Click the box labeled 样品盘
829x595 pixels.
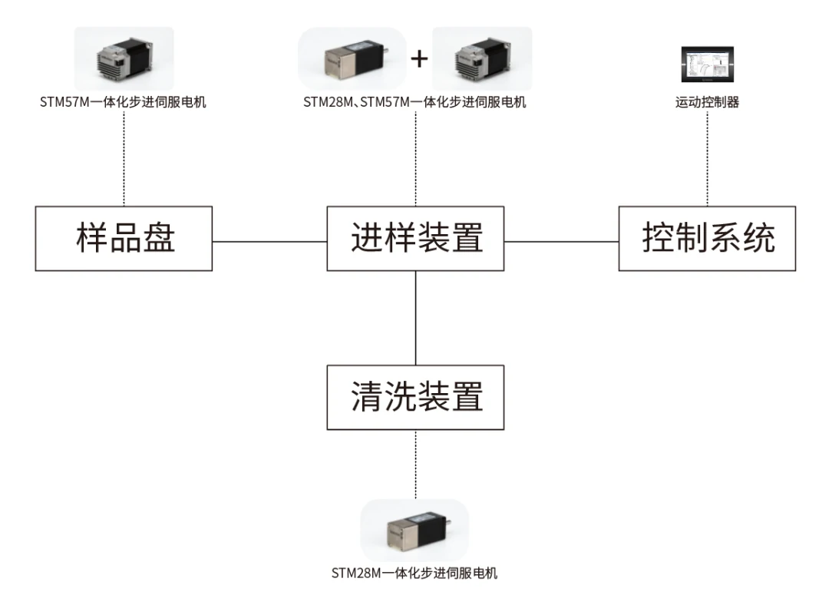click(x=124, y=239)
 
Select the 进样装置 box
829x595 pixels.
click(x=415, y=239)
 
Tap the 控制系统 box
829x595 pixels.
click(x=708, y=239)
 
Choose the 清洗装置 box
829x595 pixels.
click(x=415, y=397)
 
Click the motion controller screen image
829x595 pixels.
click(x=708, y=64)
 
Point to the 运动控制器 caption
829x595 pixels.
click(x=708, y=102)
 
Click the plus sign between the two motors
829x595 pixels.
click(x=419, y=58)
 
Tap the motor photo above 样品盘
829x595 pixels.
click(x=124, y=58)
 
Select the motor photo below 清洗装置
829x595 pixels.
click(x=415, y=531)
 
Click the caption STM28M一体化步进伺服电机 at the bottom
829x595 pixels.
click(x=414, y=573)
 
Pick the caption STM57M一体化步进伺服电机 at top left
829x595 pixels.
click(x=123, y=102)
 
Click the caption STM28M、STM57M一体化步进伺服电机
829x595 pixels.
click(x=415, y=102)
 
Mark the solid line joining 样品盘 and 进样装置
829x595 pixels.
click(x=269, y=242)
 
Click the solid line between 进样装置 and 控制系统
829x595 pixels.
click(x=561, y=242)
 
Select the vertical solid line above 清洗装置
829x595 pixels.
click(x=415, y=318)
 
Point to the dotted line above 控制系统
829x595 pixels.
click(x=708, y=158)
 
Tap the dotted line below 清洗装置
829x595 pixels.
click(x=415, y=464)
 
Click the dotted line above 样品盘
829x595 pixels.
click(x=124, y=158)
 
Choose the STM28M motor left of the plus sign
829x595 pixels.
click(x=352, y=58)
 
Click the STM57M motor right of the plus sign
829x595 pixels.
click(x=482, y=58)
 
